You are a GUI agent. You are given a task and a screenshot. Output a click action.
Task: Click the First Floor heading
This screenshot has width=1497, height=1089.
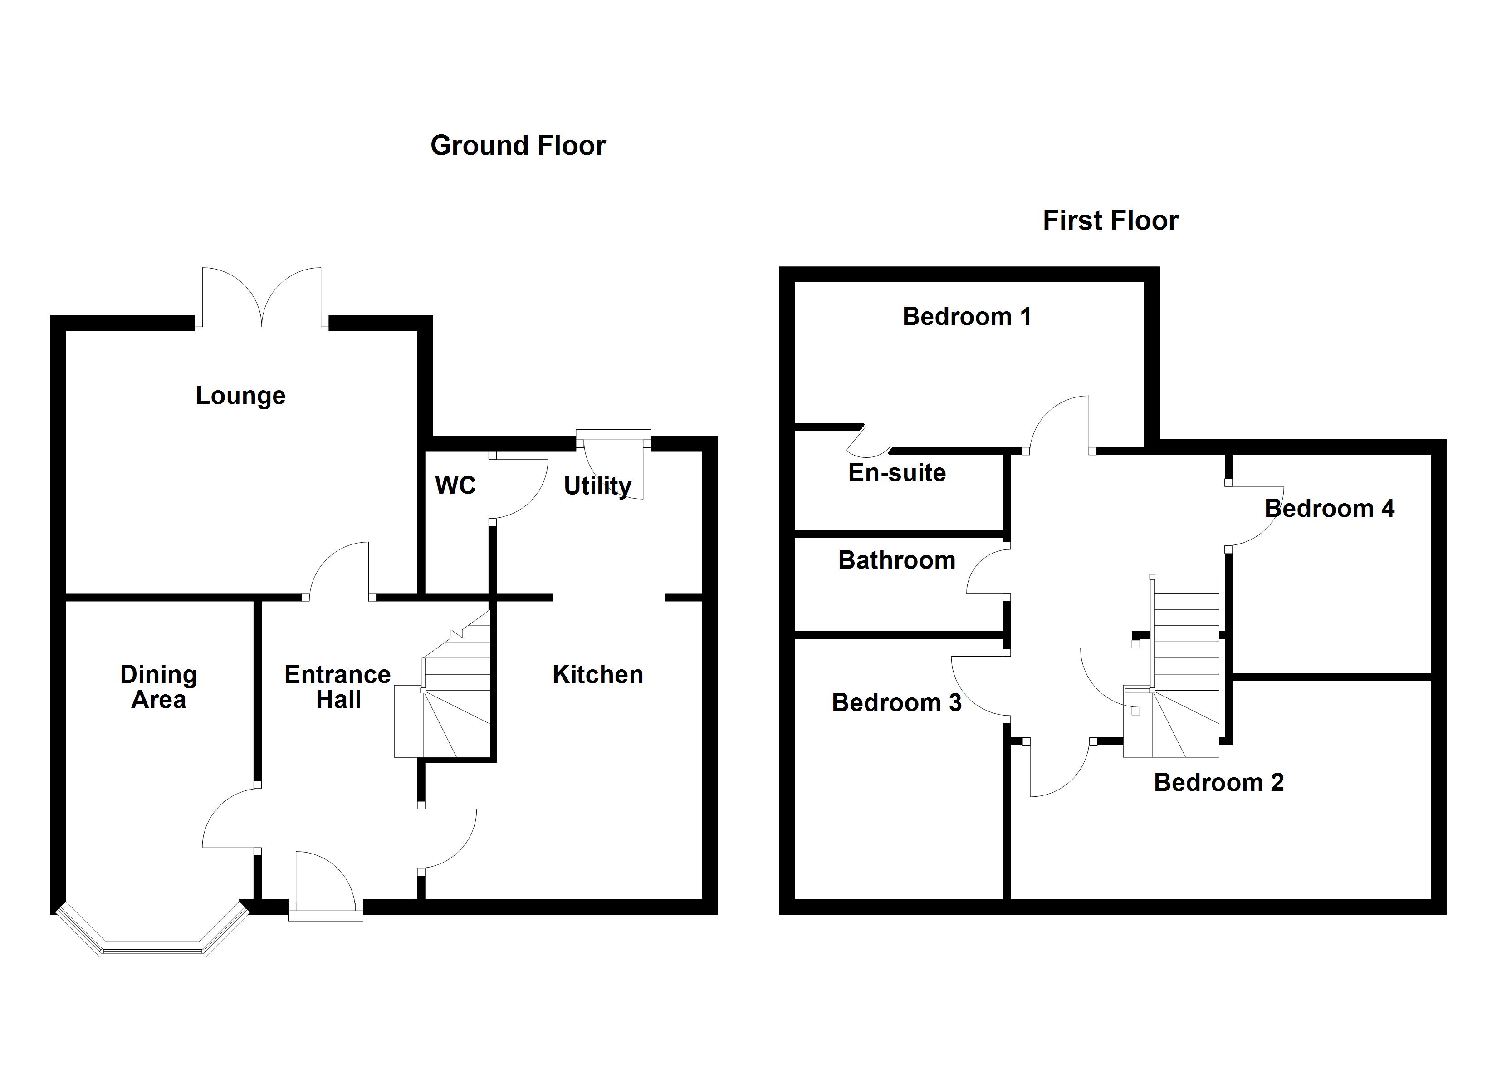click(x=1110, y=220)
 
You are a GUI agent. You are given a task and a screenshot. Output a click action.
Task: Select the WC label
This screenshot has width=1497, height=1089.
click(x=455, y=486)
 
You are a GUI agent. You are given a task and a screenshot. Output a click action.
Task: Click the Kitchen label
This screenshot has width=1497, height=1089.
click(x=597, y=674)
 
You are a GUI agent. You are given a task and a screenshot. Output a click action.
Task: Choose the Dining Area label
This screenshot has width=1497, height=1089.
click(x=158, y=687)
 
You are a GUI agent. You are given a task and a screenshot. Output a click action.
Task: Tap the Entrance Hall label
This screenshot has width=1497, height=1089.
click(x=338, y=687)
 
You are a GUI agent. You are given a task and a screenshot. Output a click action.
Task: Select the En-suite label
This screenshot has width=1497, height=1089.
click(x=896, y=472)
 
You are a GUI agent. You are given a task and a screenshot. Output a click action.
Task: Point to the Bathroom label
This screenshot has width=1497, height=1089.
click(x=896, y=560)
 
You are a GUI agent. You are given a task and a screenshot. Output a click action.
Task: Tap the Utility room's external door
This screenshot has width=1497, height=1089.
click(x=614, y=462)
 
